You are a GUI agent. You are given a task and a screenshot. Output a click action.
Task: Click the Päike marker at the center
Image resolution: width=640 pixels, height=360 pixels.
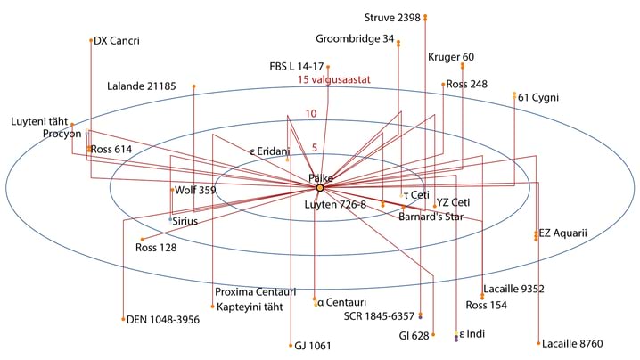point(319,187)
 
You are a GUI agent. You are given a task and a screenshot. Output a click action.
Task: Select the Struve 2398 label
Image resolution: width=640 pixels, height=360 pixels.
point(394,17)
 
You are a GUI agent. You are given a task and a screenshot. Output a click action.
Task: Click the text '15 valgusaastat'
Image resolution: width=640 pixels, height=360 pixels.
point(333,79)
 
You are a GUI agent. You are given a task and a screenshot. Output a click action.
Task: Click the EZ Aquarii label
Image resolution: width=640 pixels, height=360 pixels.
point(563,233)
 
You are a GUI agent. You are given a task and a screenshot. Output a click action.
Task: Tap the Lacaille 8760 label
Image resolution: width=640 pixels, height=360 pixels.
point(573,343)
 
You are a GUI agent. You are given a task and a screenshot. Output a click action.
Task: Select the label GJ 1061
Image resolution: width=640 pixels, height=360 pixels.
point(313,346)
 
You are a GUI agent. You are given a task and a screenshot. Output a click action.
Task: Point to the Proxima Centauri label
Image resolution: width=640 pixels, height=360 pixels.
point(255,292)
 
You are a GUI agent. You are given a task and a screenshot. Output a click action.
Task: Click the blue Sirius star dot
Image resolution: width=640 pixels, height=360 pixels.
point(171,217)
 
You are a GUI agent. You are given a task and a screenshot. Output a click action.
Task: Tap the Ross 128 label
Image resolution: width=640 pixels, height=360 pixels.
point(156,248)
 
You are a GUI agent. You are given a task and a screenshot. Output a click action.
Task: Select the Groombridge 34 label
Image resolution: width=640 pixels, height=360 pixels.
point(355,38)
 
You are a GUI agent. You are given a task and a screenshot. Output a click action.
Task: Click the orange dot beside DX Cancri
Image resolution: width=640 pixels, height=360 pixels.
point(91,40)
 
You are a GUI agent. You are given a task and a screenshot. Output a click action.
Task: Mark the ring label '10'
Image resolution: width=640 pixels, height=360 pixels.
point(311,113)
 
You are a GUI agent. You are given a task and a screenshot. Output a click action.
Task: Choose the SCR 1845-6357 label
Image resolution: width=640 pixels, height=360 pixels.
point(379,315)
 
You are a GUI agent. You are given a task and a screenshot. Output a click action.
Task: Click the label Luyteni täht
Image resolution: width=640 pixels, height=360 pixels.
point(39,120)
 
